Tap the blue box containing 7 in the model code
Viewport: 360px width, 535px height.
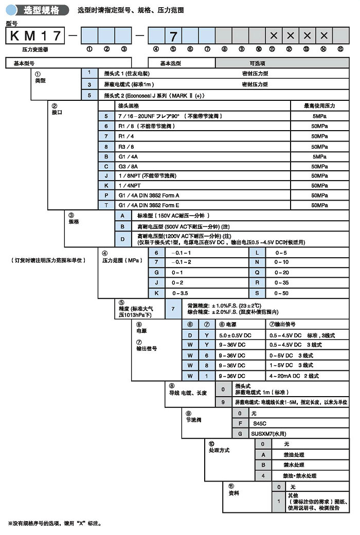point(173,36)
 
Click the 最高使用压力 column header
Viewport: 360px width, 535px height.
point(319,105)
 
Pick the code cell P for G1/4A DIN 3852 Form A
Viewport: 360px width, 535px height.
point(106,195)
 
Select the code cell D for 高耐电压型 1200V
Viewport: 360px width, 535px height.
point(122,239)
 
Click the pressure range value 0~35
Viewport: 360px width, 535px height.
point(282,282)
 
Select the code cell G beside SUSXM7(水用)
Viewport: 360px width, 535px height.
point(240,434)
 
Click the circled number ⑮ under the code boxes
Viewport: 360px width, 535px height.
point(340,49)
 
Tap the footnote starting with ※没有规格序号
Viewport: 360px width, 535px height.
point(54,523)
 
